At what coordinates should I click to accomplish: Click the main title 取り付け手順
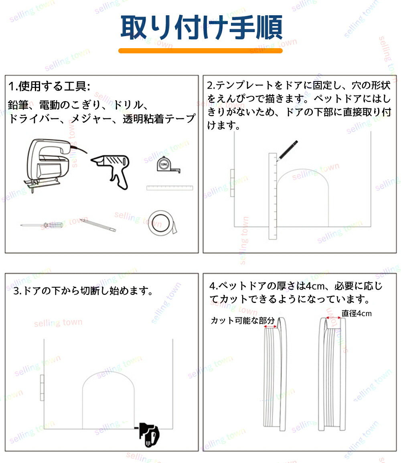pyautogui.click(x=202, y=27)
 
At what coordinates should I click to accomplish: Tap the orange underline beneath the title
pyautogui.click(x=200, y=51)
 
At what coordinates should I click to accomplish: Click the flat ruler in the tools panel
pyautogui.click(x=170, y=188)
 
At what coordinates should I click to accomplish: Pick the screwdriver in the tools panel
pyautogui.click(x=42, y=225)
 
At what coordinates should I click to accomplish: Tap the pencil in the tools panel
pyautogui.click(x=98, y=225)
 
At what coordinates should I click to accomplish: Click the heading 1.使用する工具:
pyautogui.click(x=49, y=86)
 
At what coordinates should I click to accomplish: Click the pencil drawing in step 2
pyautogui.click(x=287, y=150)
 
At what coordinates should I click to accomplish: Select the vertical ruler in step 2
pyautogui.click(x=273, y=196)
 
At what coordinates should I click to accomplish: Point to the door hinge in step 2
pyautogui.click(x=233, y=183)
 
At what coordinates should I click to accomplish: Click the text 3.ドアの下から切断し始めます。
pyautogui.click(x=83, y=291)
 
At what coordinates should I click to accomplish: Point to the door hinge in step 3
pyautogui.click(x=42, y=388)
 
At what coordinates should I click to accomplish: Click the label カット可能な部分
pyautogui.click(x=243, y=321)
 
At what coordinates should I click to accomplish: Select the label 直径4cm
pyautogui.click(x=356, y=313)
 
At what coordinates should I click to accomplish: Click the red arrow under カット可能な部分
pyautogui.click(x=270, y=327)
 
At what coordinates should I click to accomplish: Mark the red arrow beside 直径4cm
pyautogui.click(x=333, y=318)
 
